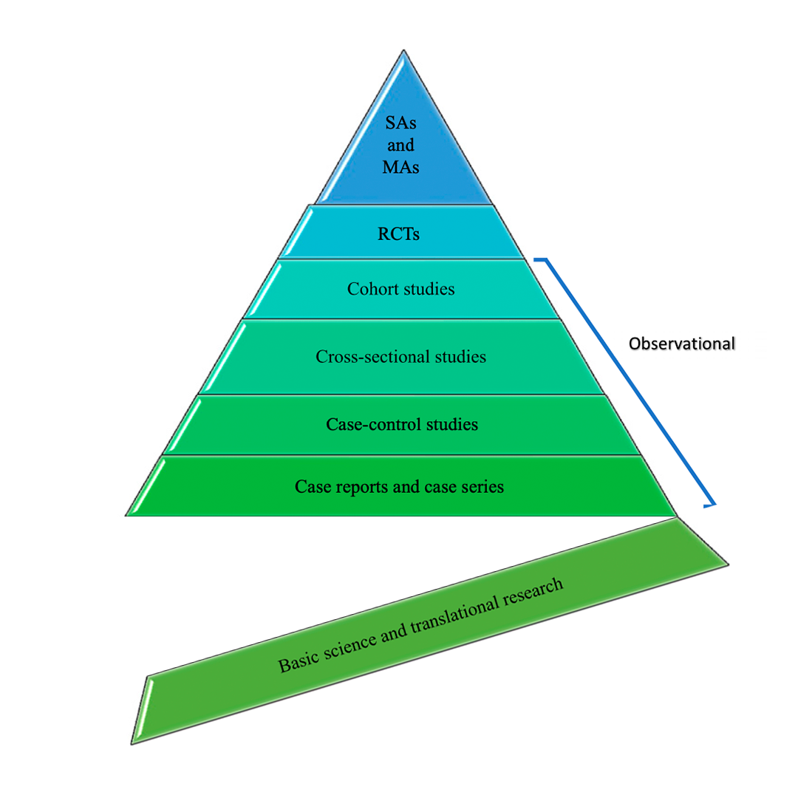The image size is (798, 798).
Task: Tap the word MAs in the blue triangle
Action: (x=401, y=167)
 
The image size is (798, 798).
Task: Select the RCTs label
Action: (x=400, y=234)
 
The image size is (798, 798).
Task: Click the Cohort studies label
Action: (x=400, y=288)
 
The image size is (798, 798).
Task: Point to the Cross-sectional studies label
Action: (x=400, y=356)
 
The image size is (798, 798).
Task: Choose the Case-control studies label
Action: (x=401, y=424)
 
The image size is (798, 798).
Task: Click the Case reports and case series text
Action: (x=399, y=487)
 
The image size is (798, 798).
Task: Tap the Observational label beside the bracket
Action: (x=681, y=344)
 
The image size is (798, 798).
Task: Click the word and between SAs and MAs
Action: (x=401, y=146)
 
